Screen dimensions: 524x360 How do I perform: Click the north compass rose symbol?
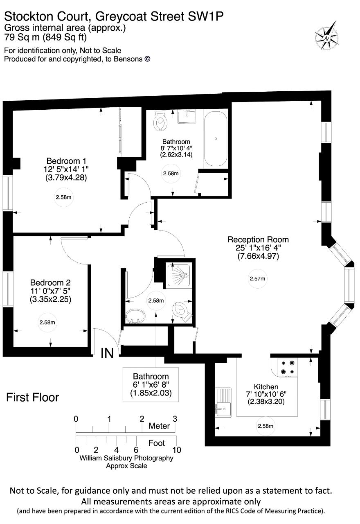327,37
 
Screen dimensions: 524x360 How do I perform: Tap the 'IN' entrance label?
107,353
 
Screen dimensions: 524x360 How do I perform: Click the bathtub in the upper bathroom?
216,139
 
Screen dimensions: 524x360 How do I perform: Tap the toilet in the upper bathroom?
160,121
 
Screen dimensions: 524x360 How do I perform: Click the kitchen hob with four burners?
287,367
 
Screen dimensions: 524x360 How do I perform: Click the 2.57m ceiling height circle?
258,279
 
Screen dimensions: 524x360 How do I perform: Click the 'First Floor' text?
33,398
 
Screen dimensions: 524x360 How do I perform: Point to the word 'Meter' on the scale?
159,426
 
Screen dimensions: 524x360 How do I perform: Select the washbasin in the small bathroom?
135,316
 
